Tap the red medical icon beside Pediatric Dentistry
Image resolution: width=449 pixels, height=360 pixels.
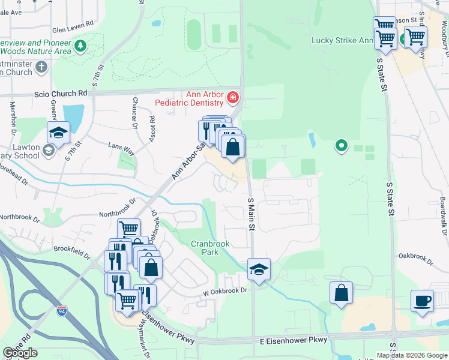tap(233, 97)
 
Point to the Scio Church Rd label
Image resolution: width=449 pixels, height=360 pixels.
tap(61, 93)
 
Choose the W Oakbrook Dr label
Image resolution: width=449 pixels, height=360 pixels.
tap(224, 290)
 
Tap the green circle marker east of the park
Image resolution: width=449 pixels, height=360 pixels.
tap(342, 145)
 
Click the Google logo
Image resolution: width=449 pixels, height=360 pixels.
tap(20, 353)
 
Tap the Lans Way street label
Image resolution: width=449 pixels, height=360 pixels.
tap(119, 145)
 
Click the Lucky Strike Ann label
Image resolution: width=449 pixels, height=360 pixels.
tap(342, 41)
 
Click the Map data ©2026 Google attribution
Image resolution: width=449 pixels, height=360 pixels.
tap(412, 355)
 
